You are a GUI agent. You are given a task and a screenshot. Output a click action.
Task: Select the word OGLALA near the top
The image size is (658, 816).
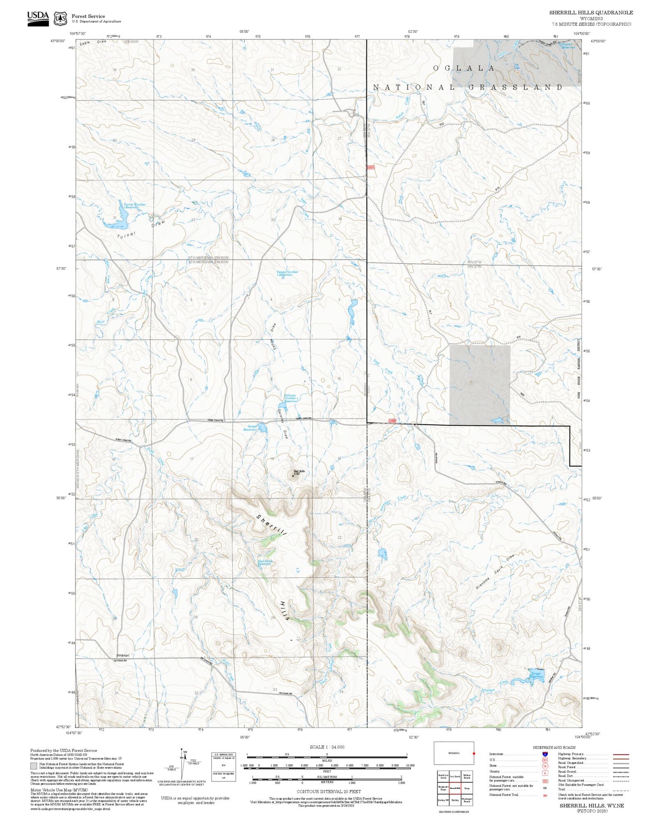pos(464,68)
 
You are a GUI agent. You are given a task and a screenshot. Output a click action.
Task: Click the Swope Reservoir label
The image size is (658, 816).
pos(250,428)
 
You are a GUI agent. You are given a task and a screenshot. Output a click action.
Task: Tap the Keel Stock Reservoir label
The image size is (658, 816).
pos(265,562)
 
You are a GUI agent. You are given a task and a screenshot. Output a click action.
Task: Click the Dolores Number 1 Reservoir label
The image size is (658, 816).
pos(291,398)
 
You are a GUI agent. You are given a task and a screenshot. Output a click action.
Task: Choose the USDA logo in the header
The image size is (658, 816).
pos(38,18)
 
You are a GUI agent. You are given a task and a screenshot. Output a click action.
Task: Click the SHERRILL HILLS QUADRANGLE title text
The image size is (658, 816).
pos(591,13)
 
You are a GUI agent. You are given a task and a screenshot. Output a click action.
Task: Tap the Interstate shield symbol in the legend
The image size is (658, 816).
pos(545,754)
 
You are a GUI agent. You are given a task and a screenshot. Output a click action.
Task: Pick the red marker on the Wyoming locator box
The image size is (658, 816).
pos(474,754)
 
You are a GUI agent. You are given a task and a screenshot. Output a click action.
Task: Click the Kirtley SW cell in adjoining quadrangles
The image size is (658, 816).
pos(443,800)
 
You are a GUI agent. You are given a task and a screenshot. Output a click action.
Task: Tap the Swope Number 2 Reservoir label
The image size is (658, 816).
pos(287,273)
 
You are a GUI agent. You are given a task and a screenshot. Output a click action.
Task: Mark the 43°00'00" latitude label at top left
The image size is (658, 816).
pos(58,41)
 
